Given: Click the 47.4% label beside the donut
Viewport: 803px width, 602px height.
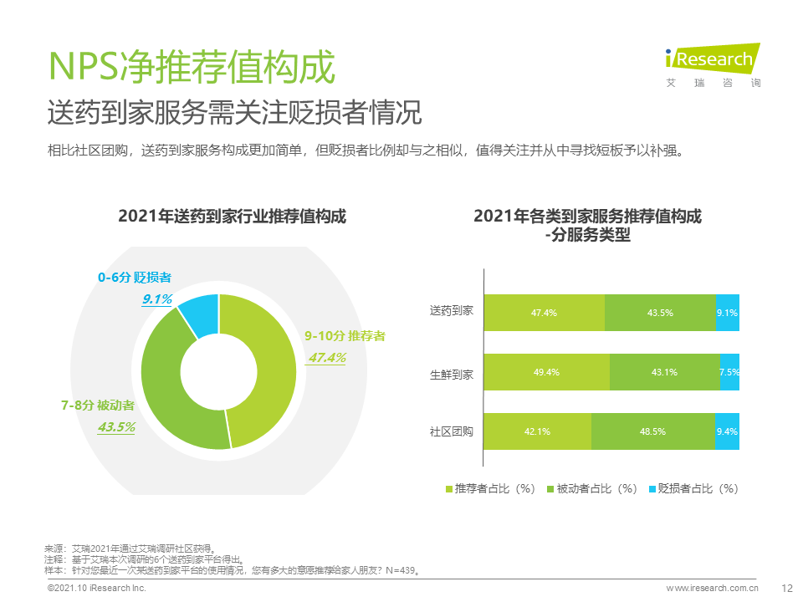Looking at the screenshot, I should (327, 358).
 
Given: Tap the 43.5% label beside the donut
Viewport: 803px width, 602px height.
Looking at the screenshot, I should (116, 426).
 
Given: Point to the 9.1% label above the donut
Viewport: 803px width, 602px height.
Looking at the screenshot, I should (156, 298).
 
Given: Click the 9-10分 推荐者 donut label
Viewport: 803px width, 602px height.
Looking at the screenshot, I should (345, 336).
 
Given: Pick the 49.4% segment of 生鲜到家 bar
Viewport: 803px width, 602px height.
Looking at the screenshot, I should (547, 372).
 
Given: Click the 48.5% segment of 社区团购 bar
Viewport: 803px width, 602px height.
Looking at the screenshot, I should (652, 431).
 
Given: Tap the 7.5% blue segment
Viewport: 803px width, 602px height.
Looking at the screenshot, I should (729, 372).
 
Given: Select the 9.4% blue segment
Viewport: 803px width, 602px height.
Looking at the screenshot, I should (728, 431).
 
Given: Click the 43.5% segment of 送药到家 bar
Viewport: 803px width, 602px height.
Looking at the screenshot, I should (660, 313).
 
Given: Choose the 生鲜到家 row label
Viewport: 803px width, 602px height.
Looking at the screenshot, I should (452, 374).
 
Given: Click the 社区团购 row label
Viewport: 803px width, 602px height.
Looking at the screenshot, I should (452, 432).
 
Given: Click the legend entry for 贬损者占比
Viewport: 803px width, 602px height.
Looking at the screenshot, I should (693, 488).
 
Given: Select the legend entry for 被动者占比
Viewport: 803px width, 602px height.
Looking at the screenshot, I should (591, 488).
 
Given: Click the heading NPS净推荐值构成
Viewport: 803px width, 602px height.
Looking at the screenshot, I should (192, 66).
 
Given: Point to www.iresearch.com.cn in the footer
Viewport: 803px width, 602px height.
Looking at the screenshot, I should (712, 589).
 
